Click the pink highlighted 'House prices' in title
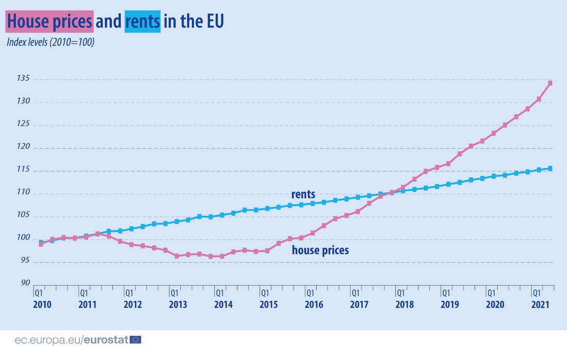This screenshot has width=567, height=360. (x=49, y=22)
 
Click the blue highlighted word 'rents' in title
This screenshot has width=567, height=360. (x=142, y=22)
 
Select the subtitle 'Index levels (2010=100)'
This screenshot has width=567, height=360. (x=50, y=42)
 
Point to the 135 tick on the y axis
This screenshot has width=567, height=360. (x=23, y=79)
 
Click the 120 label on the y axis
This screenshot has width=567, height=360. (x=23, y=148)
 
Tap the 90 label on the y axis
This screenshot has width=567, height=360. (x=24, y=283)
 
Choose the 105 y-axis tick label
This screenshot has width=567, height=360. (x=23, y=216)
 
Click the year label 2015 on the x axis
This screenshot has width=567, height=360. (x=268, y=304)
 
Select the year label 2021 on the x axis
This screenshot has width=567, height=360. (x=540, y=304)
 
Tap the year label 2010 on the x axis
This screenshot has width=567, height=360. (x=42, y=304)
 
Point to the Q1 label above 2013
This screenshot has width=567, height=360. (x=174, y=293)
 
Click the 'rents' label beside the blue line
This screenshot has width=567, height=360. (x=303, y=195)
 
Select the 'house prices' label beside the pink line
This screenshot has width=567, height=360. (x=320, y=250)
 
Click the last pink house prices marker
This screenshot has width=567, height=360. (x=551, y=83)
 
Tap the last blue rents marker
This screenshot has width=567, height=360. (x=551, y=168)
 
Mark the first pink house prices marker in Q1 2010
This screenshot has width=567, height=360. (x=41, y=244)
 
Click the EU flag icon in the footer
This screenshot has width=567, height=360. (x=136, y=339)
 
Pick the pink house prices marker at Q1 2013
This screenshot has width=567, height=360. (x=176, y=256)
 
